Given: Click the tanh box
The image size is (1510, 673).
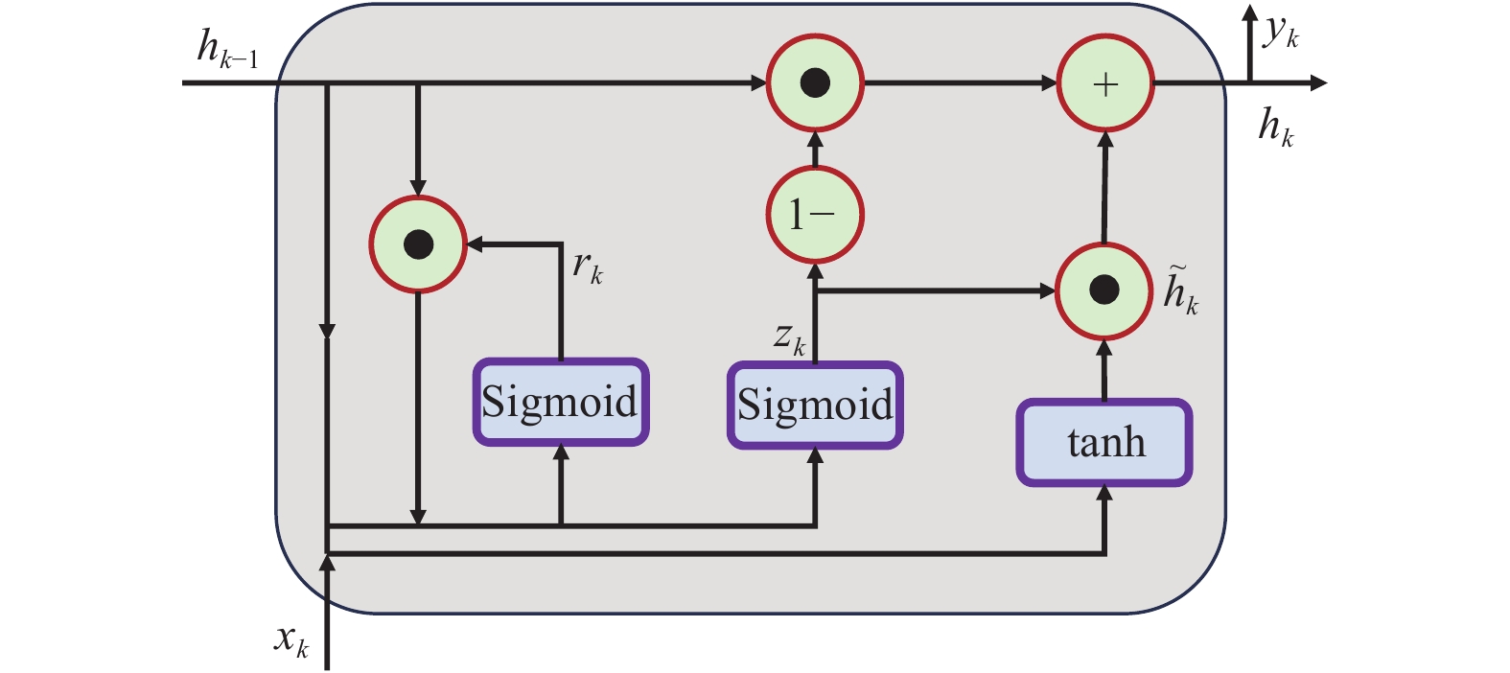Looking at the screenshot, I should [x=1104, y=443].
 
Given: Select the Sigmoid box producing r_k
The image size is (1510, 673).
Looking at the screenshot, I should [x=561, y=402].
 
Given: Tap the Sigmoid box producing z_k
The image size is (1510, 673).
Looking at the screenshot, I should [x=815, y=405].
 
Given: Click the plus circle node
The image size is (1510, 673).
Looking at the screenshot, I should [x=1105, y=84].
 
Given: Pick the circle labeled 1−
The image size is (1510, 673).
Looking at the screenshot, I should [x=815, y=215].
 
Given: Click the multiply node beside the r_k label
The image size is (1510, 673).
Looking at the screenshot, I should [x=418, y=244].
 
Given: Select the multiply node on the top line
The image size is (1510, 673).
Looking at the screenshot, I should [x=815, y=83].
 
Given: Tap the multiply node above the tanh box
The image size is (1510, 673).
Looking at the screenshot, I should [x=1104, y=290].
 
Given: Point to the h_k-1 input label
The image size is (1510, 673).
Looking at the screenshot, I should [x=226, y=49].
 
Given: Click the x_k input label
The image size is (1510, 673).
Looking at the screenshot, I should [x=291, y=639].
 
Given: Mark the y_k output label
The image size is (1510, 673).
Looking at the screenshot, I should [x=1281, y=33].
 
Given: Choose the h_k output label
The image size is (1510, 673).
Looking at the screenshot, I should [x=1276, y=128].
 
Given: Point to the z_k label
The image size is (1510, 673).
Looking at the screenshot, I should [x=790, y=338].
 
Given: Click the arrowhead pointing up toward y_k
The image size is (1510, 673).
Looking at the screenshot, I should [x=1249, y=13].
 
